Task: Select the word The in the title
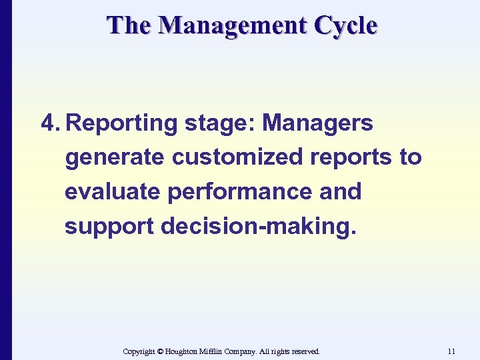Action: coord(131,25)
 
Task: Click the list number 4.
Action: coord(51,123)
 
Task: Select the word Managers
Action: coord(318,123)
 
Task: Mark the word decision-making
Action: coord(259,227)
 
